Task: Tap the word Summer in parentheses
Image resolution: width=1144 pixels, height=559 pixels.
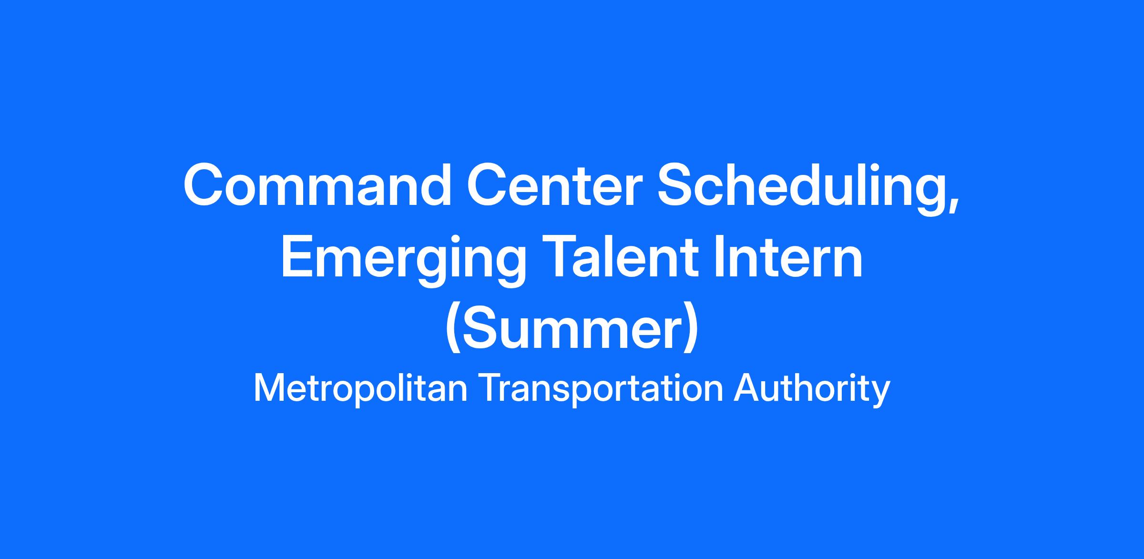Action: pyautogui.click(x=572, y=329)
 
